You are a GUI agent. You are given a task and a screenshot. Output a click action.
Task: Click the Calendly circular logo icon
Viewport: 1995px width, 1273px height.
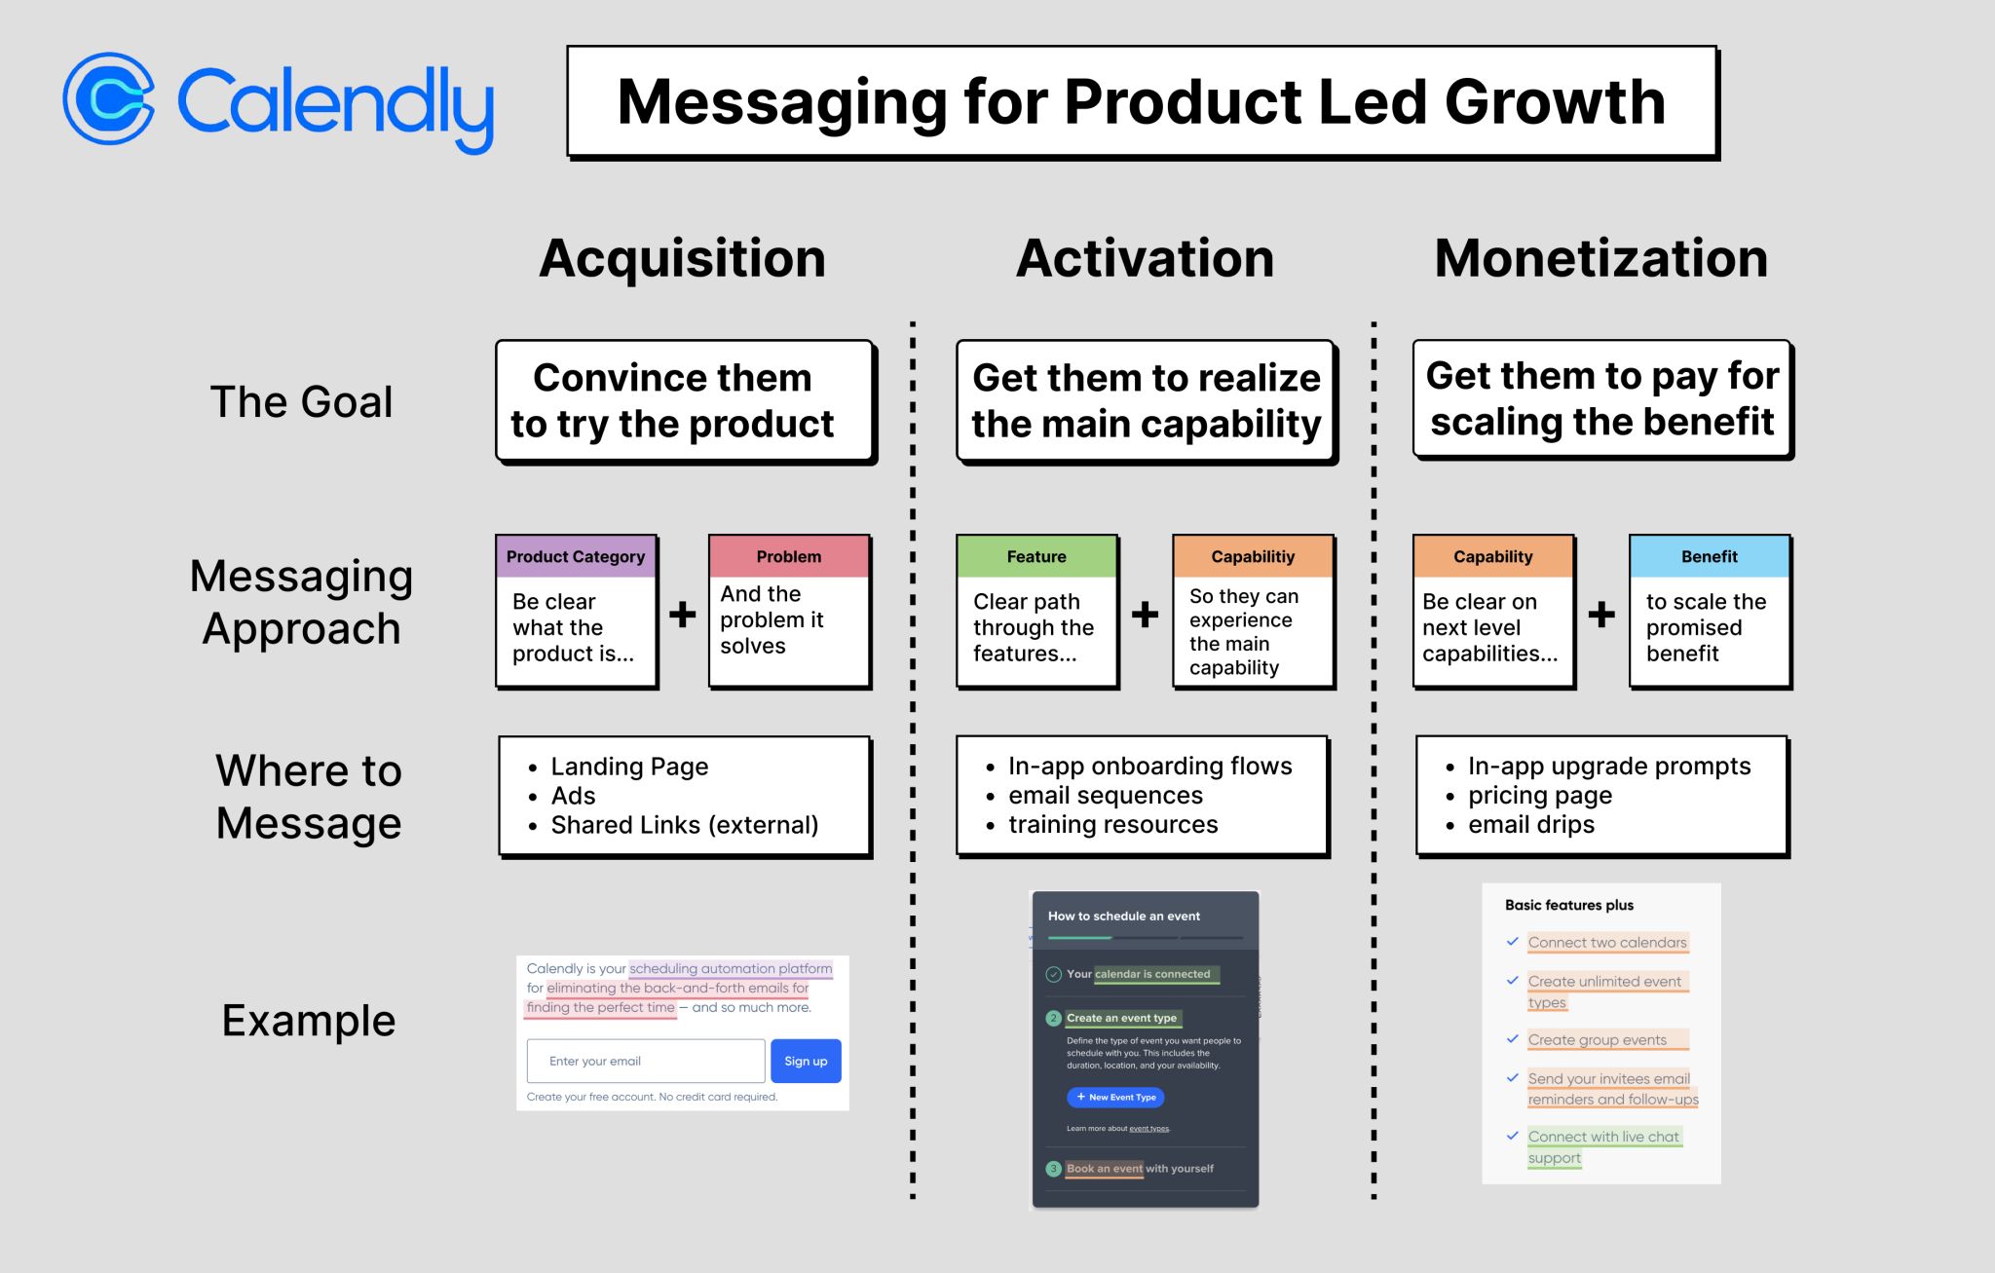tap(109, 99)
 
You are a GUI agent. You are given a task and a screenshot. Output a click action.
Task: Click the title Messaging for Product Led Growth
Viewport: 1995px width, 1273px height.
tap(1142, 101)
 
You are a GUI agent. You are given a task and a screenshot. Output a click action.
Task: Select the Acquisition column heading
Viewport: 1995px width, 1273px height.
tap(682, 258)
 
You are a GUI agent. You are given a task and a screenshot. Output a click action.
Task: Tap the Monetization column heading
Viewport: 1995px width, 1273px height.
tap(1600, 258)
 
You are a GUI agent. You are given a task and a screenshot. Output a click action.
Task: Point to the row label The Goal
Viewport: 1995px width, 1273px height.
tap(301, 401)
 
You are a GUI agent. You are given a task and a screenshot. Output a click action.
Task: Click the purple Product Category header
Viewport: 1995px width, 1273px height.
tap(576, 556)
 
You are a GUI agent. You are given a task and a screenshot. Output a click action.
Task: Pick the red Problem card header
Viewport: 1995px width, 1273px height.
tap(789, 556)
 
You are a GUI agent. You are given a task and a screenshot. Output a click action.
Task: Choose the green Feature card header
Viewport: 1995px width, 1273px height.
tap(1036, 556)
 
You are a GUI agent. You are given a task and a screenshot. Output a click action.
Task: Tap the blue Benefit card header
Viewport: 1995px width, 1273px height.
tap(1710, 556)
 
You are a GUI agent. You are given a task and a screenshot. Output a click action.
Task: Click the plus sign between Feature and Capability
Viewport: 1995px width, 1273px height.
tap(1145, 614)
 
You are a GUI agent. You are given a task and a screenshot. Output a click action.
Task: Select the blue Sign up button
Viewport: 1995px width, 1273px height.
tap(806, 1061)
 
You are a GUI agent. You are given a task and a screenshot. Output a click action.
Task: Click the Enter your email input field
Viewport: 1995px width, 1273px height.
tap(646, 1061)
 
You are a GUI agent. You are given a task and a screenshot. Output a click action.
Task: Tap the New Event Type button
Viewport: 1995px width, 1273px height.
tap(1115, 1097)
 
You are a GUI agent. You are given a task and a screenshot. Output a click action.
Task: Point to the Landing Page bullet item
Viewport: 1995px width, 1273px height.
tap(629, 767)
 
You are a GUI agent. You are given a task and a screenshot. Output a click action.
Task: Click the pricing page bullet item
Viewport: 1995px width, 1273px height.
tap(1540, 796)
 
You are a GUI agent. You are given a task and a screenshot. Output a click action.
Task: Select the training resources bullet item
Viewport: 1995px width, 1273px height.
tap(1112, 824)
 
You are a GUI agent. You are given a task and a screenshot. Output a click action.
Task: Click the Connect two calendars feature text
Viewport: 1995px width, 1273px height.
tap(1607, 942)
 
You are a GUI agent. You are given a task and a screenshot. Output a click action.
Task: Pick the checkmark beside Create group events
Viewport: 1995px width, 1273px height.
tap(1512, 1039)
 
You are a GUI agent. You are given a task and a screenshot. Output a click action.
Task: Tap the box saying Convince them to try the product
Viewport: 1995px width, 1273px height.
tap(684, 400)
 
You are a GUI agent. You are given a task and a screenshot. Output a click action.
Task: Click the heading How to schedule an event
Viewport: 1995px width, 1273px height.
tap(1123, 916)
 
